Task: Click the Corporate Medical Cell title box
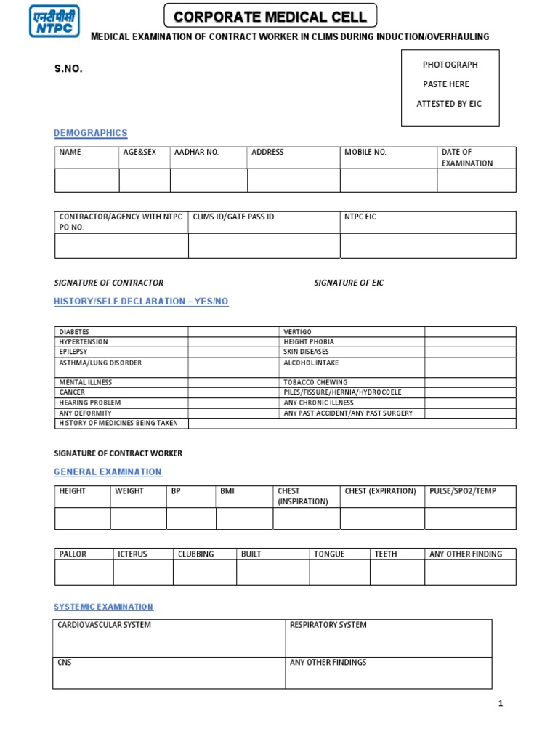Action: pyautogui.click(x=270, y=16)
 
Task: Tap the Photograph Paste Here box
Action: pyautogui.click(x=450, y=86)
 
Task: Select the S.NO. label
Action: pyautogui.click(x=68, y=68)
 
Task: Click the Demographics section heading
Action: pyautogui.click(x=91, y=133)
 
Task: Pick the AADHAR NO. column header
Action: pyautogui.click(x=196, y=153)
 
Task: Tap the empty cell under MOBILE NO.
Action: pyautogui.click(x=388, y=180)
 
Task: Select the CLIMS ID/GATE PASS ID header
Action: pyautogui.click(x=233, y=217)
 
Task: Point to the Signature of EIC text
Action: pyautogui.click(x=348, y=283)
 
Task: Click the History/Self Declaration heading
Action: pyautogui.click(x=141, y=302)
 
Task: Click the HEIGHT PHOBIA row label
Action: pyautogui.click(x=309, y=342)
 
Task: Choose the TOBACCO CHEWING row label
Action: pyautogui.click(x=315, y=382)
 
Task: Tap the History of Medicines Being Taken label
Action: pyautogui.click(x=118, y=423)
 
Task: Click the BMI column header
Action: pyautogui.click(x=227, y=491)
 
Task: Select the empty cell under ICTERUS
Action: pyautogui.click(x=142, y=573)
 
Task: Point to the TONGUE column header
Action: pyautogui.click(x=328, y=554)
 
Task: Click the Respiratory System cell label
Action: pyautogui.click(x=328, y=625)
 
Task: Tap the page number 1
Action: pyautogui.click(x=501, y=703)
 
